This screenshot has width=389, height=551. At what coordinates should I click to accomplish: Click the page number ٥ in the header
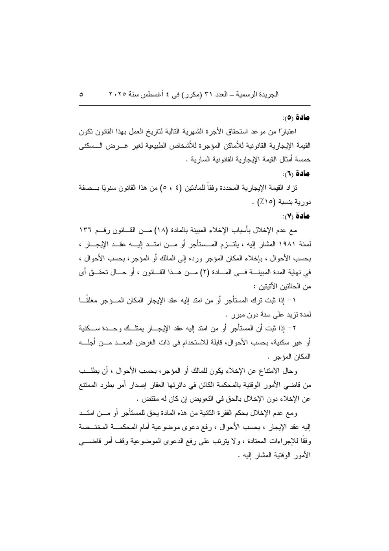click(x=82, y=95)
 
